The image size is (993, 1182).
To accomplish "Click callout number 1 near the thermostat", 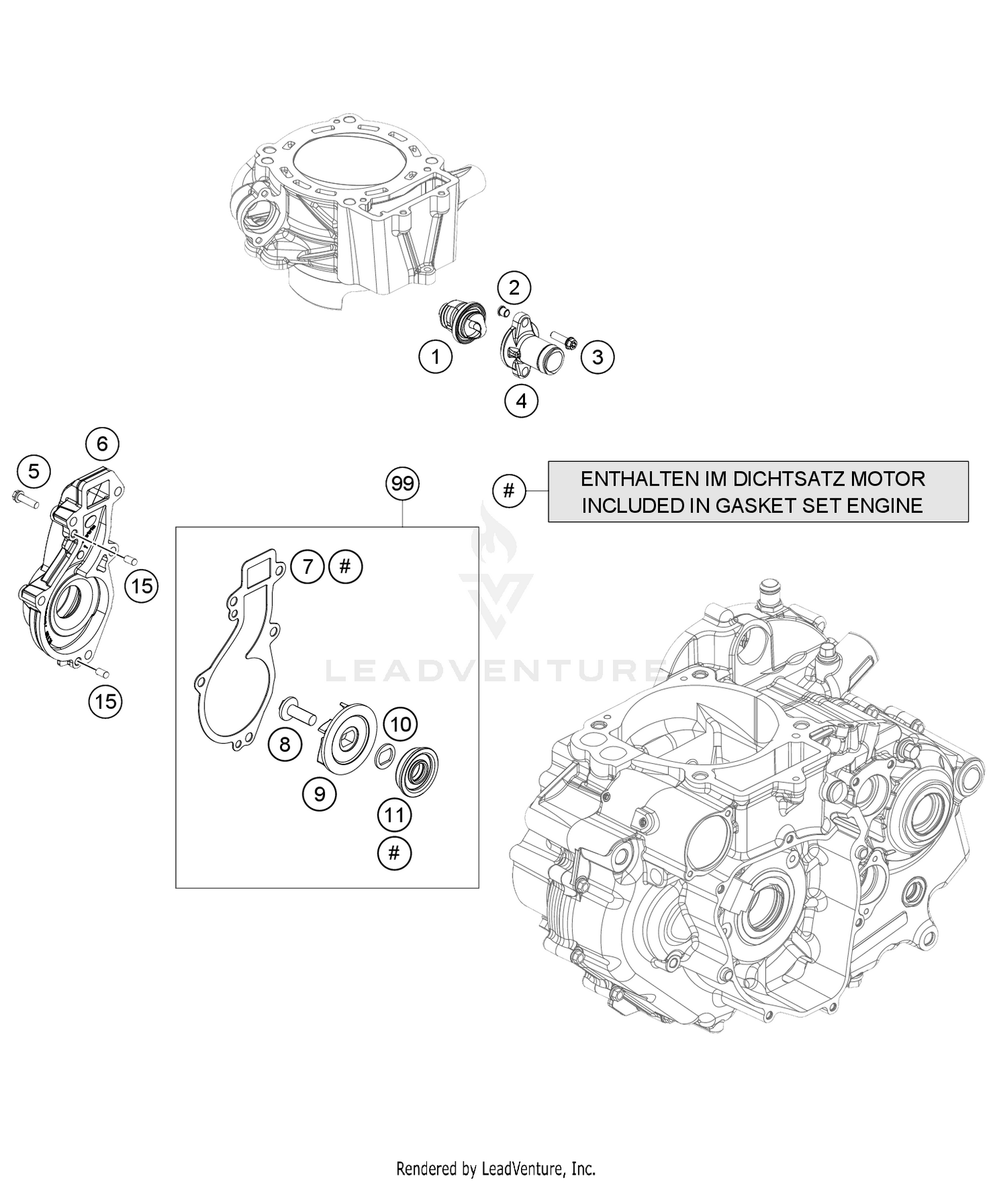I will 435,357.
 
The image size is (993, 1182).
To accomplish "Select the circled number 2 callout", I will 514,288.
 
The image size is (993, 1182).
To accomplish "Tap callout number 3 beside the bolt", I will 598,357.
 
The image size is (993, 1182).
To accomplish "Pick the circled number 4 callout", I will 521,400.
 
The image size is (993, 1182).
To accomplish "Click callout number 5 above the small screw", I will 34,471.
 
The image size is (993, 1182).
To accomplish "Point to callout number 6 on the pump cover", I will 102,443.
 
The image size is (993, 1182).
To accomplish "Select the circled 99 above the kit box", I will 402,484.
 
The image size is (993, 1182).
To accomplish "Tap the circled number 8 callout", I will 285,745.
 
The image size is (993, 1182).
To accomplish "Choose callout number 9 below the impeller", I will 320,794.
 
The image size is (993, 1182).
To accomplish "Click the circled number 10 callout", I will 401,724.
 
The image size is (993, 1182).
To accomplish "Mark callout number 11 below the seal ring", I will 395,814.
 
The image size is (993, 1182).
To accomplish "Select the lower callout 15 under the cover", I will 105,701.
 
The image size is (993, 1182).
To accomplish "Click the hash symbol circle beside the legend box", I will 508,491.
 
